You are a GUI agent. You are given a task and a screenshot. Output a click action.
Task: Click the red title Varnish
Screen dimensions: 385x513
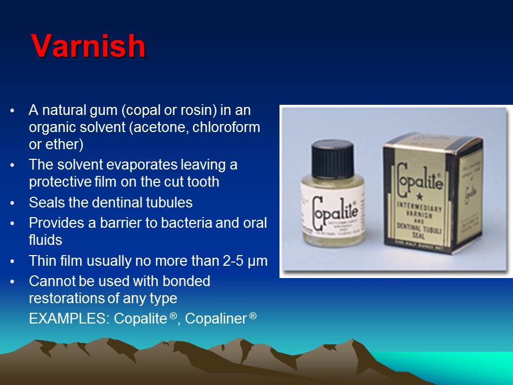[88, 46]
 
